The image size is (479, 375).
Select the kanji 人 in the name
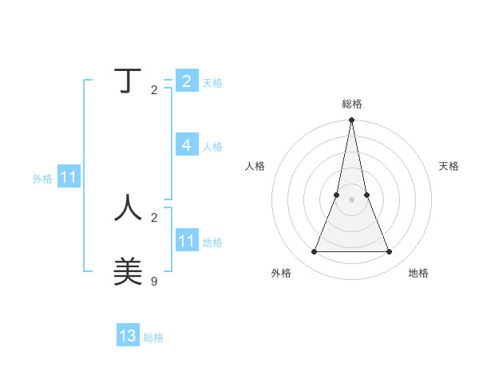(128, 207)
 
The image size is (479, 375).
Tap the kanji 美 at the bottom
(128, 271)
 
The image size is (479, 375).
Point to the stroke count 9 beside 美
(154, 281)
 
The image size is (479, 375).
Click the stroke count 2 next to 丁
(154, 89)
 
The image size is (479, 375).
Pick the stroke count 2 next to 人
(154, 217)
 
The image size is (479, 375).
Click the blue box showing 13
(128, 336)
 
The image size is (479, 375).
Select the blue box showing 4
(186, 144)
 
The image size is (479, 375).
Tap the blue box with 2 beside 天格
(186, 81)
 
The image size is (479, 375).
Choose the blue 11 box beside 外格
(68, 177)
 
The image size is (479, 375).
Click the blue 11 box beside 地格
(186, 240)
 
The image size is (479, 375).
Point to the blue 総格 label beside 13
(153, 337)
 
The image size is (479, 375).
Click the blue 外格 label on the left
(42, 179)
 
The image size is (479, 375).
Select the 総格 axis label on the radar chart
(351, 104)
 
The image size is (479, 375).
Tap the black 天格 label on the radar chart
(449, 166)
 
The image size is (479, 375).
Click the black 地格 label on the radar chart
(418, 273)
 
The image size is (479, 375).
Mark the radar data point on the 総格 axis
(351, 120)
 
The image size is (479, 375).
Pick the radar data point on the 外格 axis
(314, 252)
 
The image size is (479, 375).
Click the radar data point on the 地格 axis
(389, 252)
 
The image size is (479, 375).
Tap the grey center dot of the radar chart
(351, 200)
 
